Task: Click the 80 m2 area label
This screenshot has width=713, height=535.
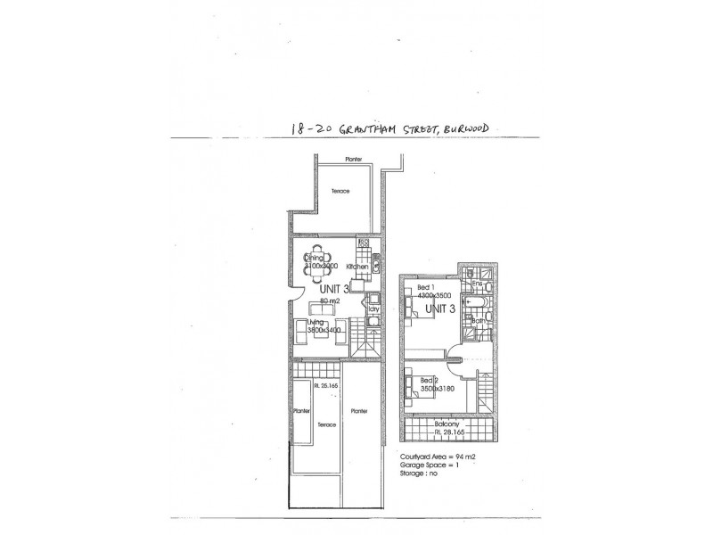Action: [318, 301]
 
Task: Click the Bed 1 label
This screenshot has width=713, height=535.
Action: [427, 287]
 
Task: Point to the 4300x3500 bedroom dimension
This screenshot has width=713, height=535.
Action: [435, 295]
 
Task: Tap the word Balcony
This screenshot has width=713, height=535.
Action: [447, 424]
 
